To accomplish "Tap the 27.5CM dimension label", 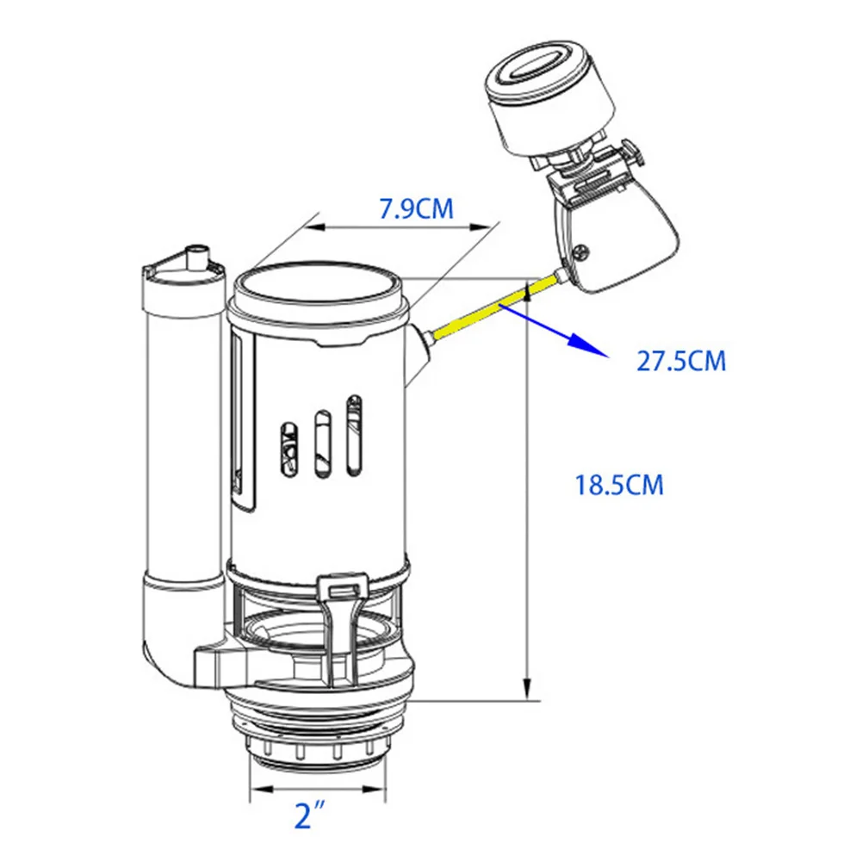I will click(681, 361).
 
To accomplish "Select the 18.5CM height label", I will click(620, 485).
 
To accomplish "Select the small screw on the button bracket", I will click(582, 252).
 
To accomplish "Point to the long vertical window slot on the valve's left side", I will click(242, 422).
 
